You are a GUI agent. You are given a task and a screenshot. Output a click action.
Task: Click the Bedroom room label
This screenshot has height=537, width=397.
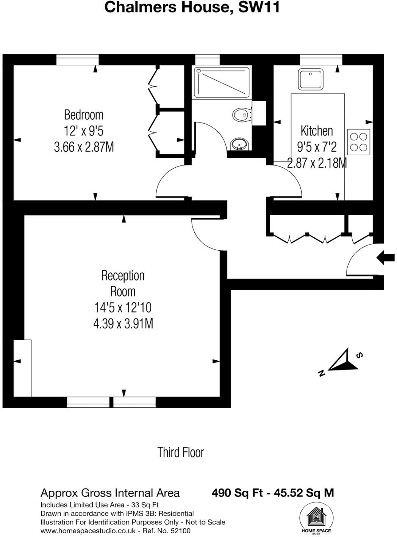point(83,115)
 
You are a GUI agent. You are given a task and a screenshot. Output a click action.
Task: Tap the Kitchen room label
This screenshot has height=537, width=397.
point(316,131)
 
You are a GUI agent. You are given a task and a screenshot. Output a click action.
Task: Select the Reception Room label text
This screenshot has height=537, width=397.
point(123,283)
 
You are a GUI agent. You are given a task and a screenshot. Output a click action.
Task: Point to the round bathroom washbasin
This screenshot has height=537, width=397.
point(239,144)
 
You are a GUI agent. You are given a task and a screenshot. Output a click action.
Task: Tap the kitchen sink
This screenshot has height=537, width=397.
point(311,80)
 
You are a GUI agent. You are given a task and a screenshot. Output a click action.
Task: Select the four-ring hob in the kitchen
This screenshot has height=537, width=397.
point(358,142)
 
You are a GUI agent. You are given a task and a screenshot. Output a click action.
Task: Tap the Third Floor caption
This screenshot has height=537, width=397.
point(181,452)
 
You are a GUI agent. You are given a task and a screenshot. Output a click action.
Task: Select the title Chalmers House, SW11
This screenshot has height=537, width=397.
point(192,7)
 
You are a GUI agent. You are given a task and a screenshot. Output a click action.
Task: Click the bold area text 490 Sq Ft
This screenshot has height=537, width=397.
point(235,493)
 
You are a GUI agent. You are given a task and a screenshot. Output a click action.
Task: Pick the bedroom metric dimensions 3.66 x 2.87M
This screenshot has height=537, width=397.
point(84,147)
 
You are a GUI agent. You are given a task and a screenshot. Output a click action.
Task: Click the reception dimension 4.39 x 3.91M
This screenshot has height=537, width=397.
point(123,323)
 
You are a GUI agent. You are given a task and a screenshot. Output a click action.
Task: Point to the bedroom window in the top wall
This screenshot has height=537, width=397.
point(78,60)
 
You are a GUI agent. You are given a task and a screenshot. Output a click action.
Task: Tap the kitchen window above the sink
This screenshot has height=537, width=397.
point(321,60)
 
